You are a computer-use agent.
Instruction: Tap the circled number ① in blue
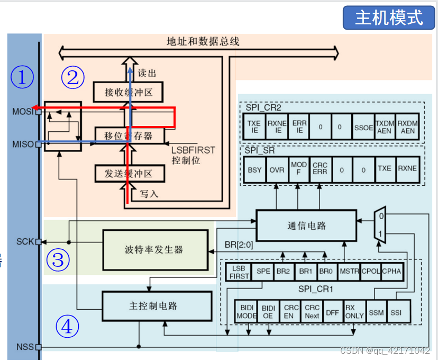22,78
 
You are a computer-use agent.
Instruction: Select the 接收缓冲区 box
129,92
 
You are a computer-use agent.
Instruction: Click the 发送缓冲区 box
129,173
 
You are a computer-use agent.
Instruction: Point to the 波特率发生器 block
154,249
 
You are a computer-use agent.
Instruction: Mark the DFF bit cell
332,312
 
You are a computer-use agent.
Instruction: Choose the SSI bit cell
396,312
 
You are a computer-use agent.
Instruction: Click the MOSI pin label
23,112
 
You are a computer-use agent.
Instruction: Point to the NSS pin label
24,347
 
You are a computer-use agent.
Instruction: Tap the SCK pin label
24,242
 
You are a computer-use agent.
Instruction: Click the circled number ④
67,327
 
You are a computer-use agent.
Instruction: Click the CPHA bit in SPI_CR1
391,271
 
